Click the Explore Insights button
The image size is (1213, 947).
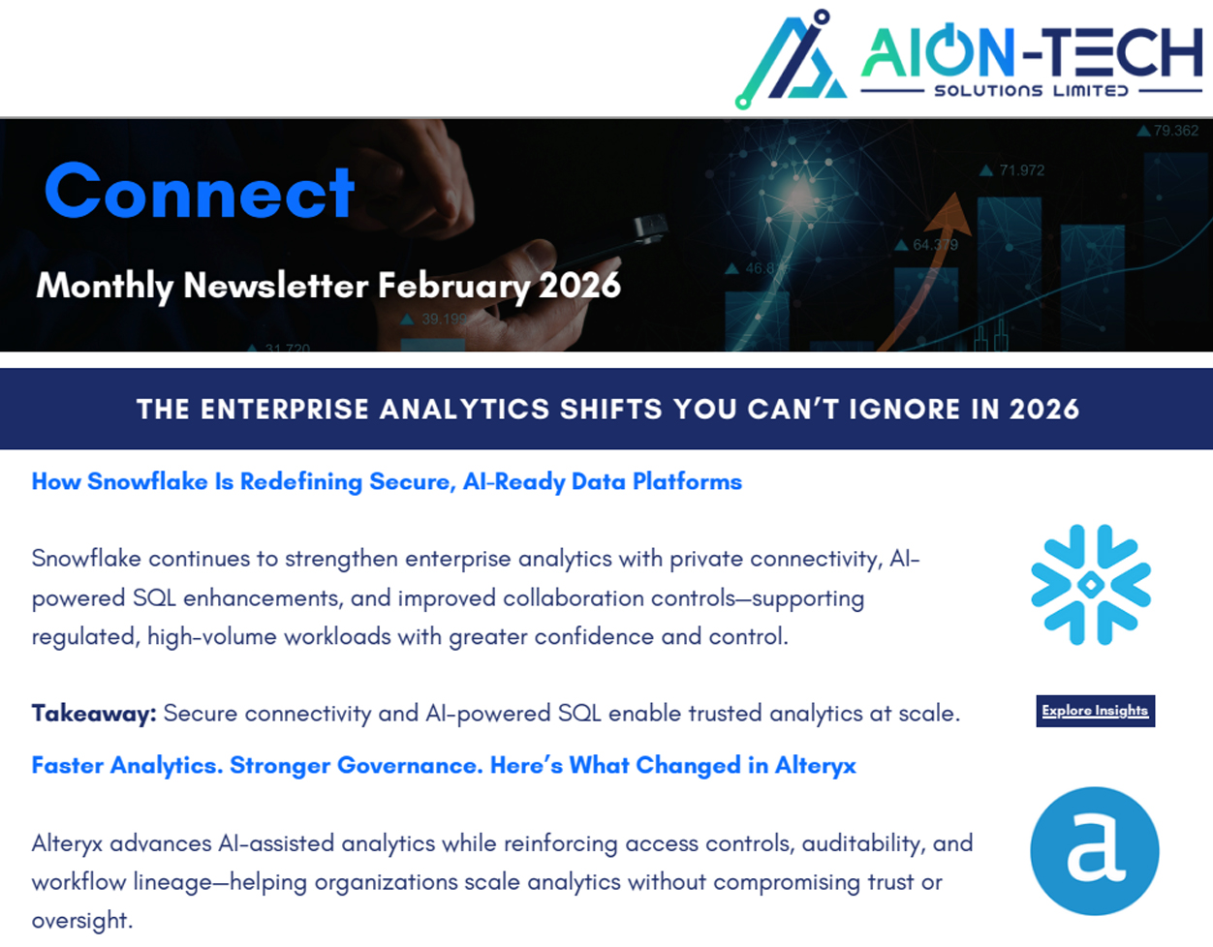click(x=1095, y=711)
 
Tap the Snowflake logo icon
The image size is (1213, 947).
click(x=1091, y=585)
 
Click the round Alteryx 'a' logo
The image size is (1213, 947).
click(x=1095, y=851)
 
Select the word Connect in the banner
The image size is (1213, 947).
click(x=200, y=191)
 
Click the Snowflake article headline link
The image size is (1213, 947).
click(x=387, y=481)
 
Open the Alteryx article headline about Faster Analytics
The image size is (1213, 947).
click(x=444, y=765)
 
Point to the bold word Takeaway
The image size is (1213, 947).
click(x=94, y=714)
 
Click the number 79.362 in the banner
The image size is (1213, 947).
click(x=1175, y=131)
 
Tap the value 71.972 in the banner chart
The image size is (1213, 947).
click(x=1021, y=170)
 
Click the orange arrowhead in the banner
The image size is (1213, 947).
click(x=950, y=213)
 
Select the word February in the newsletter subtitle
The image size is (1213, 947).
click(x=453, y=286)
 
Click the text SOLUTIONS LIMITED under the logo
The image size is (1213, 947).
click(x=1032, y=91)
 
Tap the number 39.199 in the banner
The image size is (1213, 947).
click(x=444, y=319)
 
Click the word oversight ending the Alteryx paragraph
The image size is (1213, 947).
click(x=82, y=920)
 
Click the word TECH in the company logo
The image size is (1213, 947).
click(x=1122, y=52)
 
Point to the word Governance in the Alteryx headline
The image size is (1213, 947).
click(x=410, y=765)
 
